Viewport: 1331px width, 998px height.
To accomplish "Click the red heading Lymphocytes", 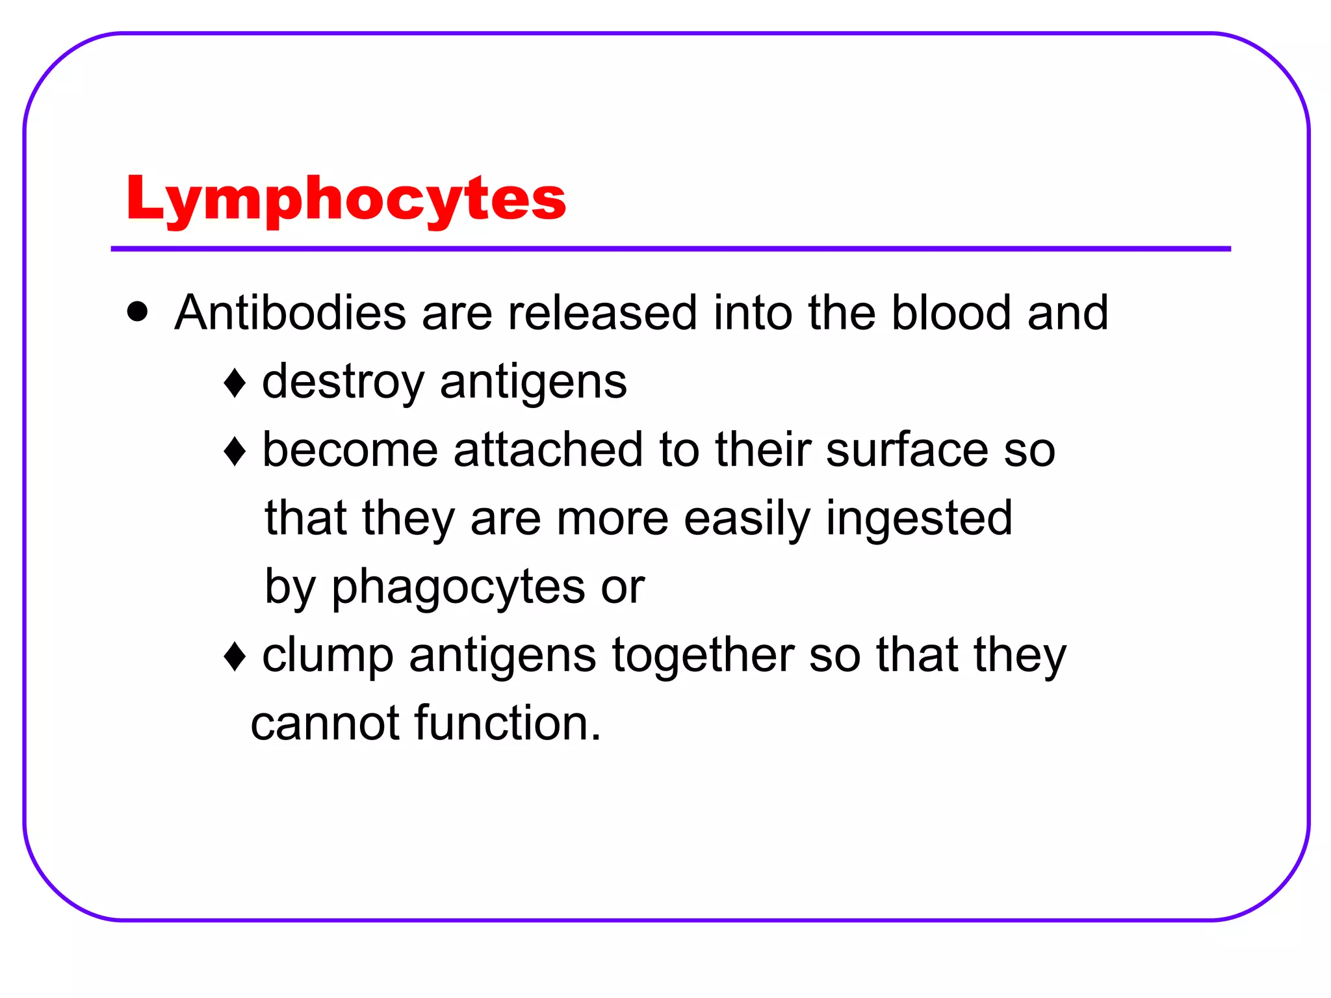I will pyautogui.click(x=346, y=198).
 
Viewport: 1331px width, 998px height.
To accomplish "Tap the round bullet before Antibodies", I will pyautogui.click(x=138, y=311).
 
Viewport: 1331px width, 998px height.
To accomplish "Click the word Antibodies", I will pyautogui.click(x=290, y=313).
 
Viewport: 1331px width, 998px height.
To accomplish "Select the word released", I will pyautogui.click(x=602, y=313).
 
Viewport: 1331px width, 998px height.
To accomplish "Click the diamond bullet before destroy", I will pyautogui.click(x=235, y=383).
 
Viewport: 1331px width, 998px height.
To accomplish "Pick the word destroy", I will pyautogui.click(x=343, y=382).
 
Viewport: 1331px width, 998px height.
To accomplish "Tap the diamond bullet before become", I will pyautogui.click(x=235, y=451).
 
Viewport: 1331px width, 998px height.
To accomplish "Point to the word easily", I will pyautogui.click(x=747, y=518).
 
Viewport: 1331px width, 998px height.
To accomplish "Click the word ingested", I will pyautogui.click(x=919, y=518).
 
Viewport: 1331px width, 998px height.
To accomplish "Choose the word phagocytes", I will pyautogui.click(x=458, y=587).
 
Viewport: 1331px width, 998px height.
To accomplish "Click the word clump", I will pyautogui.click(x=328, y=656).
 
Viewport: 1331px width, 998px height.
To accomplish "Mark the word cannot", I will pyautogui.click(x=325, y=723).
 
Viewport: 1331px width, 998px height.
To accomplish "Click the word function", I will pyautogui.click(x=500, y=723).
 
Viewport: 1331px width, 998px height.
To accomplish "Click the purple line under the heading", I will pyautogui.click(x=671, y=249).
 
